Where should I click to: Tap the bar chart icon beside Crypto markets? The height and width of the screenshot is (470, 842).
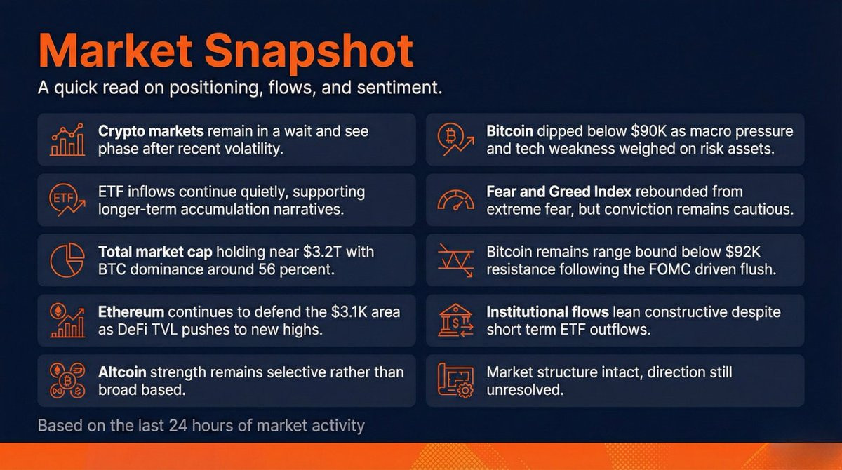(x=67, y=140)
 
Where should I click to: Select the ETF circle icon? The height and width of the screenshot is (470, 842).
(x=67, y=200)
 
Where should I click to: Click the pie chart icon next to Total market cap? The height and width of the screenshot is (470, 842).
(x=67, y=260)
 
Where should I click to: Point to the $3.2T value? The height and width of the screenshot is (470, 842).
(x=322, y=252)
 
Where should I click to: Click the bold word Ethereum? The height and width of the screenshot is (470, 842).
(x=131, y=312)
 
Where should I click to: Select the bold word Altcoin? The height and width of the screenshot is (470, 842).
(x=122, y=372)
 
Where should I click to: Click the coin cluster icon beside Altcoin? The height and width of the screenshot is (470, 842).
(x=67, y=380)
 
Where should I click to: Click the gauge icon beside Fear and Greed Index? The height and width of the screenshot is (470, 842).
(x=455, y=200)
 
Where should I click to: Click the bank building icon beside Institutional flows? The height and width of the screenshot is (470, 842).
(x=455, y=320)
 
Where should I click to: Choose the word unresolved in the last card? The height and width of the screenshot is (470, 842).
(x=525, y=389)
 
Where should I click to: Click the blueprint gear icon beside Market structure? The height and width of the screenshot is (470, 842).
(x=455, y=380)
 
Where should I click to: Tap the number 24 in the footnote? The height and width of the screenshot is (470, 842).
(x=178, y=426)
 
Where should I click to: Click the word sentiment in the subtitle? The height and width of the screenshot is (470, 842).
(x=399, y=88)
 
